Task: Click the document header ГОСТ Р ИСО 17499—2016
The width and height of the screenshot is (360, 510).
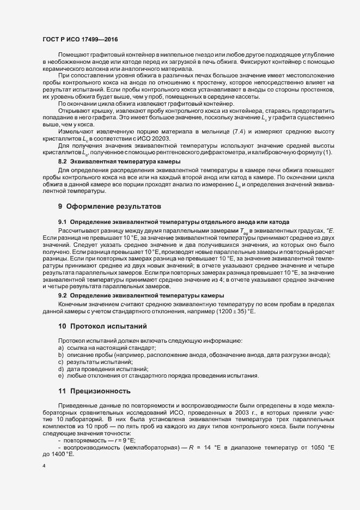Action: (x=80, y=39)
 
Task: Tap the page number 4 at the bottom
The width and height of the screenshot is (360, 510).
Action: (x=44, y=466)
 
